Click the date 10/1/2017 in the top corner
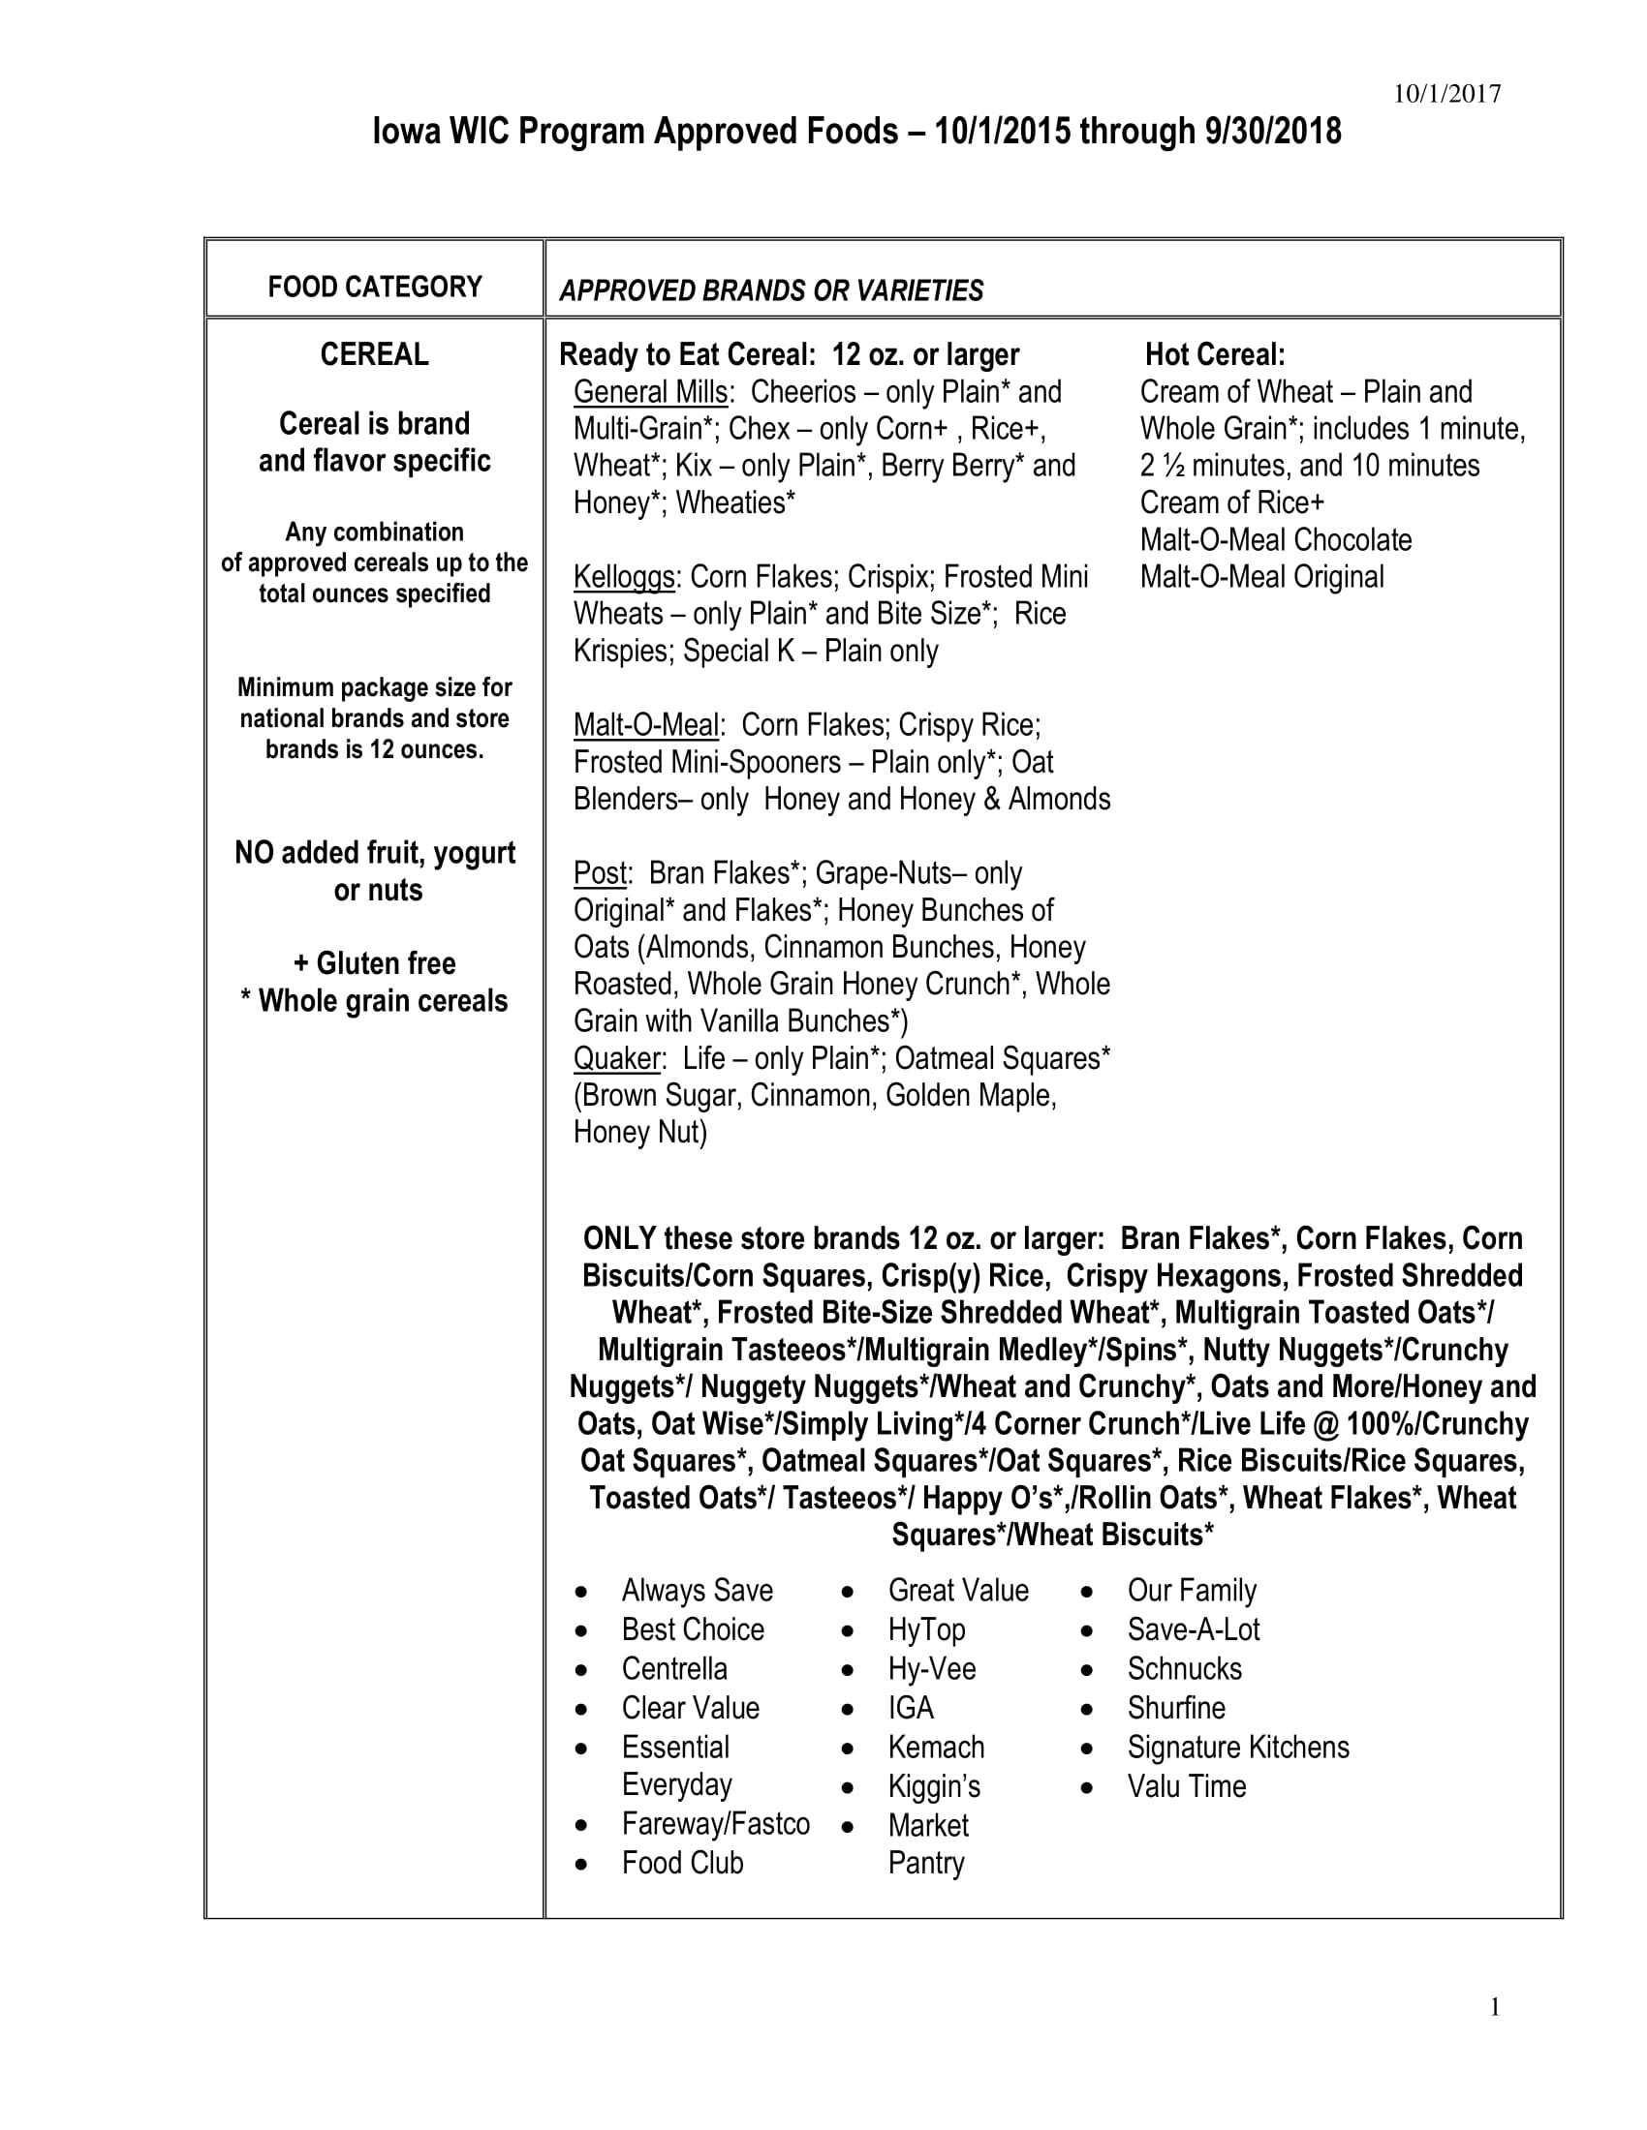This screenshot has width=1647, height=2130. (x=1446, y=94)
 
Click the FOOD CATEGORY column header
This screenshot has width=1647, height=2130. (x=375, y=287)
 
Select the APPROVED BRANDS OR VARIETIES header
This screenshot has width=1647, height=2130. (x=771, y=290)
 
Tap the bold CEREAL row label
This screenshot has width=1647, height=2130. (x=375, y=354)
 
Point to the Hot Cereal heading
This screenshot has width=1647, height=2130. (x=1215, y=354)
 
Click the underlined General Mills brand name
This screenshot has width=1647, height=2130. (x=651, y=392)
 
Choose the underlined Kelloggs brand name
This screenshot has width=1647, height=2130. (x=624, y=577)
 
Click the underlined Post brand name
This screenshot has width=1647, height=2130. (x=600, y=873)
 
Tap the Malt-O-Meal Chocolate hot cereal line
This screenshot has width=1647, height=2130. (x=1275, y=540)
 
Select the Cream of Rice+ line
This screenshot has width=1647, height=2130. (x=1232, y=503)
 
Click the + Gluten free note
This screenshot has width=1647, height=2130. (x=375, y=963)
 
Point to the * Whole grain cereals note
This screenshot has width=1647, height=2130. (x=375, y=1002)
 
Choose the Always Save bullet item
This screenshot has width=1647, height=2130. (x=697, y=1591)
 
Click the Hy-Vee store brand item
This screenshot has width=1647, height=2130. (x=932, y=1669)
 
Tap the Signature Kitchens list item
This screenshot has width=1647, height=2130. (x=1238, y=1747)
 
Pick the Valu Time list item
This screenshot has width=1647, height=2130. (x=1187, y=1786)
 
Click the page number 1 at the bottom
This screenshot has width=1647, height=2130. (x=1494, y=2006)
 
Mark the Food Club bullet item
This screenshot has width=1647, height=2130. (x=682, y=1863)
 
